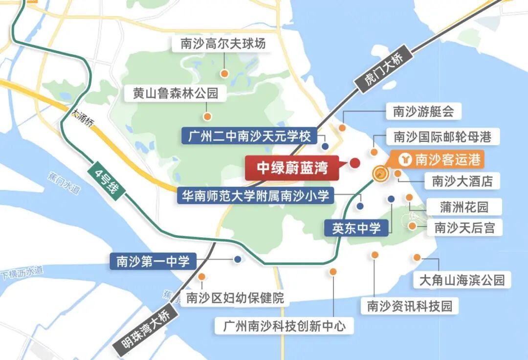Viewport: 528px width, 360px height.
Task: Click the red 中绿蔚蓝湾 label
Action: coord(292,168)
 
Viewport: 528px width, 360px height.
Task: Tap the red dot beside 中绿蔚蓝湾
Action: coord(355,163)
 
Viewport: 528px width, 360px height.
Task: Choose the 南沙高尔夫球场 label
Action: coord(223,44)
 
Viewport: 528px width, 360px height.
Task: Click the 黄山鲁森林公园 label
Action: coord(176,93)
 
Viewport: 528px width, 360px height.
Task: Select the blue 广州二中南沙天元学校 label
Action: coord(249,136)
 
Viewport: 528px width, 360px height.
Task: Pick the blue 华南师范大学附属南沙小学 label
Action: coord(256,195)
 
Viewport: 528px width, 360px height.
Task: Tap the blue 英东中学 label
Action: coord(356,228)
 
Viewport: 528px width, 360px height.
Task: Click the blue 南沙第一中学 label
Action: coord(153,261)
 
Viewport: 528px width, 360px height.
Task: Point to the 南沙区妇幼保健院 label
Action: coord(232,297)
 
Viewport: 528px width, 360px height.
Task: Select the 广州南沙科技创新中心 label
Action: coord(284,326)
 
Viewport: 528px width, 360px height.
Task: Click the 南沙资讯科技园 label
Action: coord(410,306)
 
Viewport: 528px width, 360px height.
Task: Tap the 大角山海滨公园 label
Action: coord(462,280)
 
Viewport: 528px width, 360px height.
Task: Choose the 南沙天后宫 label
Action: coord(464,227)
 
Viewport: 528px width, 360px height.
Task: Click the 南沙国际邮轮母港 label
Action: coord(442,136)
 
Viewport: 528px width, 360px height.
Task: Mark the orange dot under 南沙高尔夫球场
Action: coord(224,74)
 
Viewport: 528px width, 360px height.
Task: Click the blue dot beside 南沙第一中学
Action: coord(238,260)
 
